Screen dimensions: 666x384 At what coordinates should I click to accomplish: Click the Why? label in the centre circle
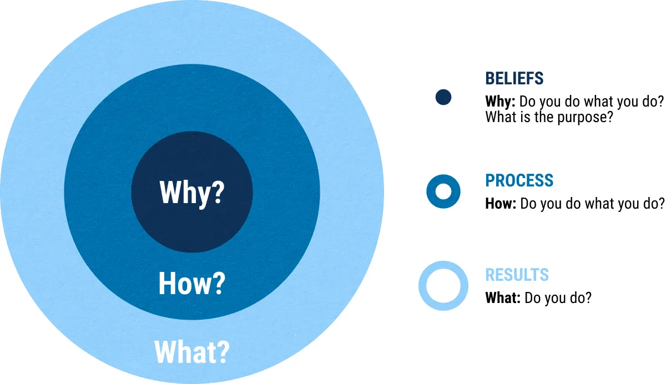click(x=192, y=193)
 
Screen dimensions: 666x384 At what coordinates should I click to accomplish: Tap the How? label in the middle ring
click(x=192, y=284)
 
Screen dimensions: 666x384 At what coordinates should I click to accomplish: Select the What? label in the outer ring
click(x=192, y=352)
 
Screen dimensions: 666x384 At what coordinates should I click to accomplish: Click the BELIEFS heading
click(x=514, y=78)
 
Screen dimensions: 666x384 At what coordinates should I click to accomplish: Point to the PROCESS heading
click(x=519, y=180)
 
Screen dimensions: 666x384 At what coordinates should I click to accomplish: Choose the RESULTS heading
click(x=517, y=275)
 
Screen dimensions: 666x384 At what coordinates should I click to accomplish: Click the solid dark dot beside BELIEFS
click(x=443, y=97)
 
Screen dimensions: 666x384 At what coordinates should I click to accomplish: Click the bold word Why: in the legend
click(x=500, y=102)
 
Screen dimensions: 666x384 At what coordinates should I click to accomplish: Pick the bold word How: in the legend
click(x=501, y=204)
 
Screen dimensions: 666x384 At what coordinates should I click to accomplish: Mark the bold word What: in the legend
click(x=503, y=297)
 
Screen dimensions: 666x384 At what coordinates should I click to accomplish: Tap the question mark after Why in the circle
click(x=219, y=192)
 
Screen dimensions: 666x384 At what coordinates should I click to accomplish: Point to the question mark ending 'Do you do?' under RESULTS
click(x=588, y=297)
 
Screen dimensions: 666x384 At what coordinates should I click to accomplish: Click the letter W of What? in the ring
click(x=166, y=352)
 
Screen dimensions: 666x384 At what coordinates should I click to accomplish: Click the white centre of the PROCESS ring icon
click(x=443, y=191)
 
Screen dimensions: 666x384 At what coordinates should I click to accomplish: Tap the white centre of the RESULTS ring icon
click(x=443, y=286)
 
